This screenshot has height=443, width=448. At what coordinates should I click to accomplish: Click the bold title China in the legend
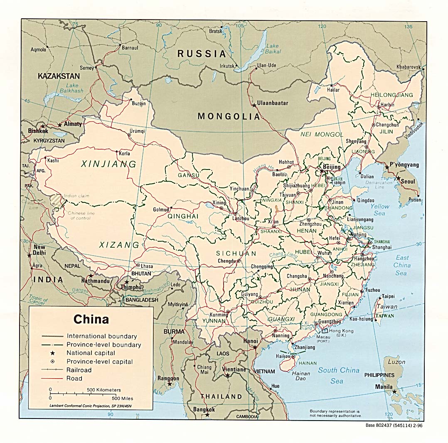click(91, 319)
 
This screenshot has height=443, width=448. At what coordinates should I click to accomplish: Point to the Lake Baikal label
click(273, 49)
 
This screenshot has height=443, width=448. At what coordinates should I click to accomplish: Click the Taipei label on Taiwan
click(388, 296)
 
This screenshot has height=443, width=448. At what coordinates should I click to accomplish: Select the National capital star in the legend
click(52, 353)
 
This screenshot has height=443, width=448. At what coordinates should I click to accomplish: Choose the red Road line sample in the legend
click(52, 378)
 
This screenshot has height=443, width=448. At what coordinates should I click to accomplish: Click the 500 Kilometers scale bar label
click(103, 390)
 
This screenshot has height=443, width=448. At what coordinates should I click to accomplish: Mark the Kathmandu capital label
click(96, 281)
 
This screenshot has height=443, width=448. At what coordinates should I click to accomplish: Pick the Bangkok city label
click(204, 409)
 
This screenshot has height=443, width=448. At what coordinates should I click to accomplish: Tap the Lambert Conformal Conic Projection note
click(91, 404)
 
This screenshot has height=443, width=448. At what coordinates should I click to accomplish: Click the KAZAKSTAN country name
click(58, 76)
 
